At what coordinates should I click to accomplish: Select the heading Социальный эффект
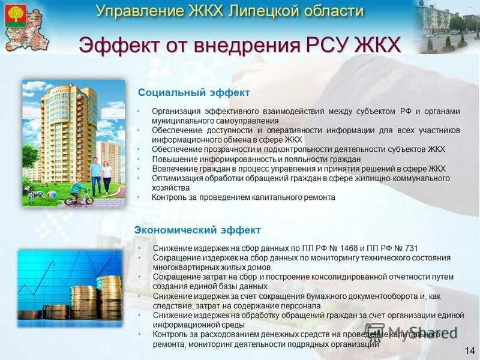pos(194,93)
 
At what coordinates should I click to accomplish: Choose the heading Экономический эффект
pos(197,230)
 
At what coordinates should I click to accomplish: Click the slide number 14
pos(469,350)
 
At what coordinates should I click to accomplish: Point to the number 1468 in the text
pos(349,248)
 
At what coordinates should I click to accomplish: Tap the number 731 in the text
pos(411,248)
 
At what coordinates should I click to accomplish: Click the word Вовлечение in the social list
pos(175,169)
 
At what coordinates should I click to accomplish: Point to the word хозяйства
pos(170,188)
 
